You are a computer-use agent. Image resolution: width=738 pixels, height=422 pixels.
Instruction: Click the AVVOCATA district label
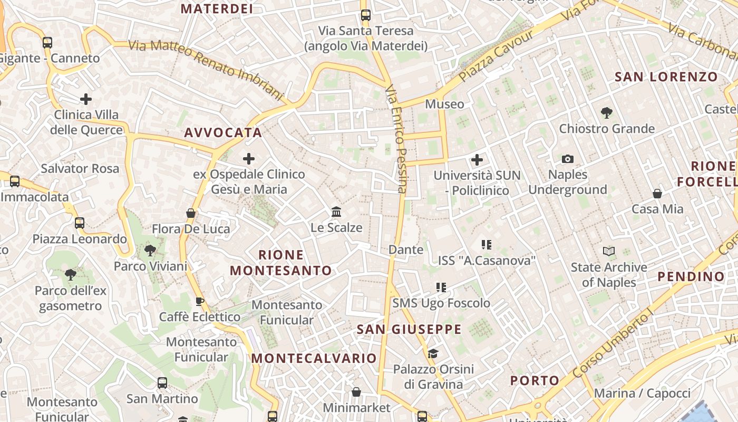(223, 133)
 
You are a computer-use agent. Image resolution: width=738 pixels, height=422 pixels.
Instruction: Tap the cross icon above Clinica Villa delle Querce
(85, 99)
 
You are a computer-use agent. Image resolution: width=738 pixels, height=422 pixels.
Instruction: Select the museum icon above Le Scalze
(336, 212)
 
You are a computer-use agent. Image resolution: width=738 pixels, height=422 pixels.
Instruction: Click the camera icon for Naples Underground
(568, 159)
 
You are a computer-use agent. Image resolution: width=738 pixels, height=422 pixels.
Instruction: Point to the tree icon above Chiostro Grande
(606, 112)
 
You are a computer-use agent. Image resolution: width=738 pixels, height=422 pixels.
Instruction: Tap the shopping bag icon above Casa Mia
(657, 194)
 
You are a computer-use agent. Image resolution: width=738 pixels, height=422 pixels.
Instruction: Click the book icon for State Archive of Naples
(609, 252)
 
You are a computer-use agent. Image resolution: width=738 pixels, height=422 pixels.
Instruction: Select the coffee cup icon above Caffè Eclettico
(200, 302)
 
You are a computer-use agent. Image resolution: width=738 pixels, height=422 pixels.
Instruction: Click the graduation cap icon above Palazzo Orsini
(433, 353)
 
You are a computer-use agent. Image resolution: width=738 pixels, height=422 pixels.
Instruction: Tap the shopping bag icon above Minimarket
(356, 392)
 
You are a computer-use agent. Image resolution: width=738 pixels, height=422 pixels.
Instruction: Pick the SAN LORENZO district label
(666, 77)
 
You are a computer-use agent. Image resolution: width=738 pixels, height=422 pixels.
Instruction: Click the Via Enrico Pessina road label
(396, 139)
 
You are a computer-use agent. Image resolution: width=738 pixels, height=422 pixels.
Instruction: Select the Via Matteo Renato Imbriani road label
(206, 68)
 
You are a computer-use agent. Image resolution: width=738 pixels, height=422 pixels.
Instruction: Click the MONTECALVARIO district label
(314, 359)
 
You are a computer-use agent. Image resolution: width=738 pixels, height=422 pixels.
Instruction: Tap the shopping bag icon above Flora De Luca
(191, 213)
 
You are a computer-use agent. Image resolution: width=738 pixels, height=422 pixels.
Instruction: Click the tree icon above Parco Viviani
(150, 250)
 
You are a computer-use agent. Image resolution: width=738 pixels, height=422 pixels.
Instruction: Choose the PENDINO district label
(691, 276)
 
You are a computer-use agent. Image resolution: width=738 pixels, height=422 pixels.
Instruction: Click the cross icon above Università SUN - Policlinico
(477, 159)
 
